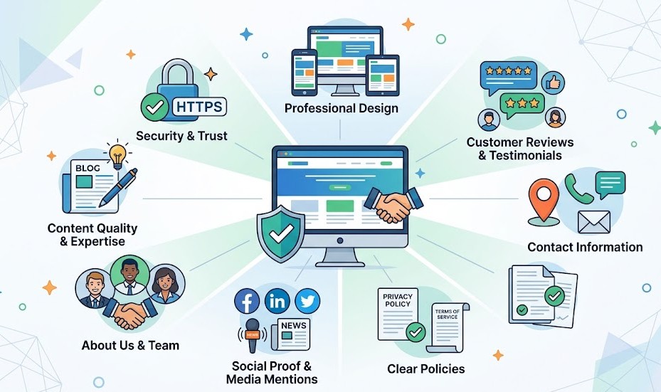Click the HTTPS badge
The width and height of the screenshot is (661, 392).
click(x=199, y=107)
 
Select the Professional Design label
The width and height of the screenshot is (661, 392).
click(x=341, y=108)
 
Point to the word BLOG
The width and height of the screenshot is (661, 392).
click(x=87, y=169)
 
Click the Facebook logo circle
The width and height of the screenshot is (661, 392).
click(x=247, y=302)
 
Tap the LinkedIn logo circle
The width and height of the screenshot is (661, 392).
click(x=277, y=302)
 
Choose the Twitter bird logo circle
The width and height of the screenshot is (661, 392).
click(x=307, y=302)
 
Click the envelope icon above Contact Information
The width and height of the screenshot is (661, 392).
click(x=593, y=221)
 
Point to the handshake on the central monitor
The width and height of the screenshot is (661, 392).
click(x=393, y=206)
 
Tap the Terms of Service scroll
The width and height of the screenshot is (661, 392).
click(x=447, y=327)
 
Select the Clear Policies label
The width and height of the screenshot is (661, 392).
click(x=425, y=369)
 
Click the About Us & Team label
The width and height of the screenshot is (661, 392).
click(x=130, y=346)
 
